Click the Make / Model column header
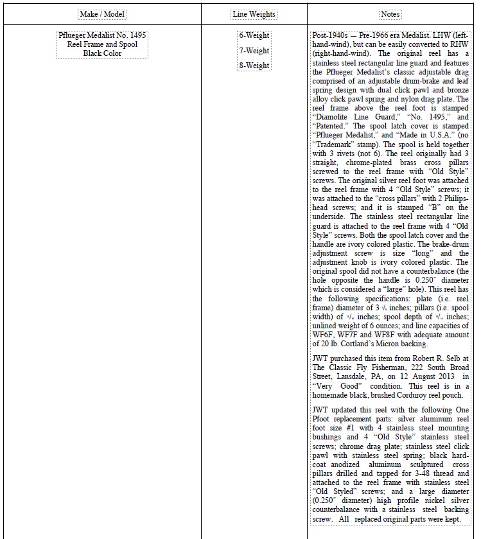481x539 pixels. [x=102, y=14]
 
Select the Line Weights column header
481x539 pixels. [x=254, y=14]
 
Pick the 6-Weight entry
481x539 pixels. [x=254, y=35]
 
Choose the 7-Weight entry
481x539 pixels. [x=254, y=50]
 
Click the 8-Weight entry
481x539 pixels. [x=254, y=66]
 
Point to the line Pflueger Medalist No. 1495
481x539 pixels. [x=102, y=35]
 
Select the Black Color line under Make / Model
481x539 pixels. [x=102, y=53]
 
